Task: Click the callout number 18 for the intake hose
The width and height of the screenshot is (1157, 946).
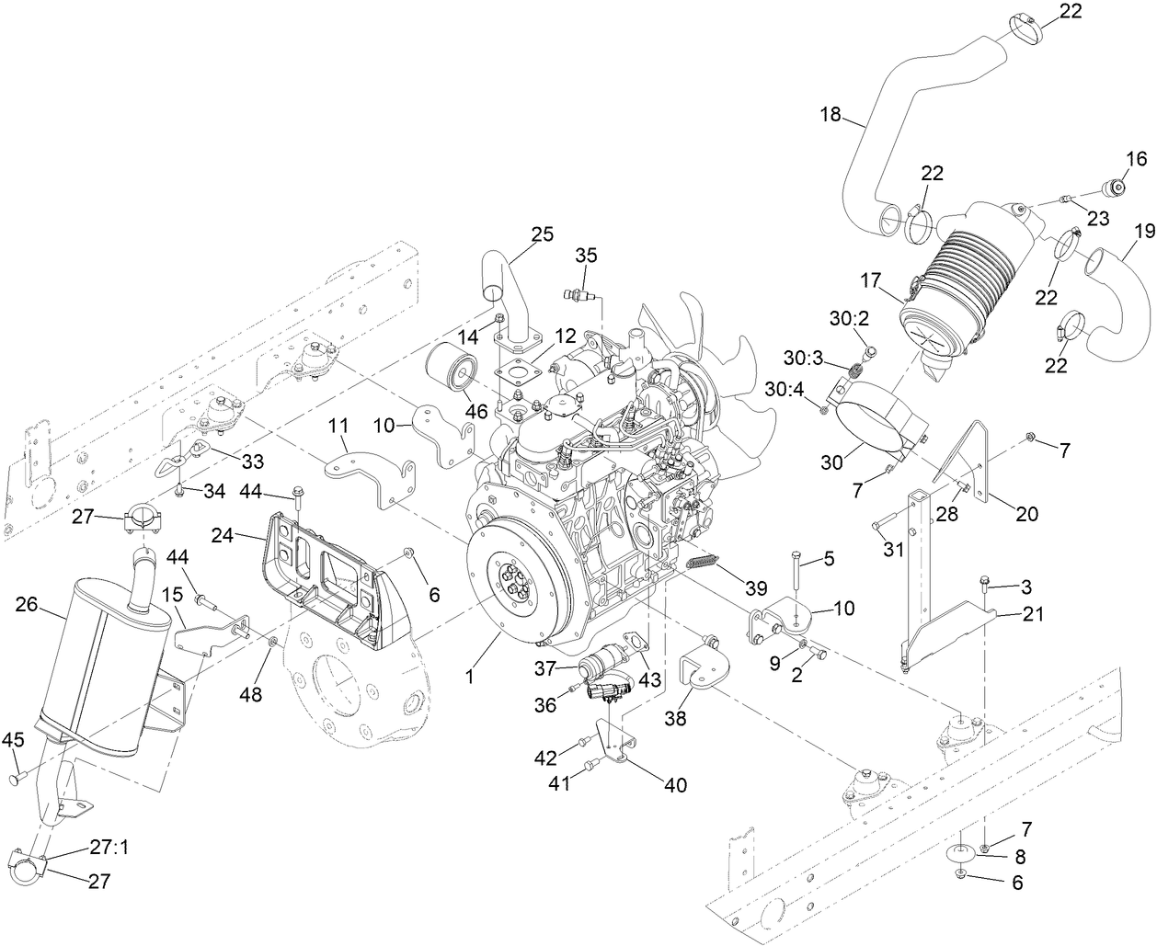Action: (831, 115)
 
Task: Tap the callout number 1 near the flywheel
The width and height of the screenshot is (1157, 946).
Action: (469, 677)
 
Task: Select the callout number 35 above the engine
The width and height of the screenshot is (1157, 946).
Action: (587, 255)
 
